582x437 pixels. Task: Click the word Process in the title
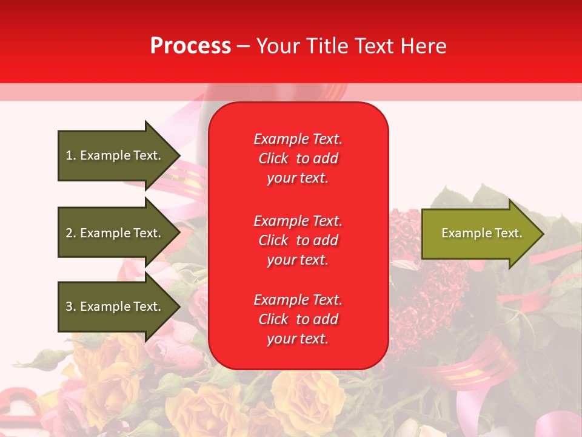click(190, 46)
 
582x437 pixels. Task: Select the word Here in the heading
click(424, 46)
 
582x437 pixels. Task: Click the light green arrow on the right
click(479, 233)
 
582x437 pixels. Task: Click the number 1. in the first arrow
click(71, 155)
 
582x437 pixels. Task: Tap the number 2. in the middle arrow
click(71, 233)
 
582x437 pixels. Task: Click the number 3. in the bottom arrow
click(71, 307)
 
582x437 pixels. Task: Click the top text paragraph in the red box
click(298, 158)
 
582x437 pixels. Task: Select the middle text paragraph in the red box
click(298, 240)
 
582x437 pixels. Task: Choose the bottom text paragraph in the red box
click(298, 319)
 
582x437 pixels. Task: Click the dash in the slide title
click(243, 46)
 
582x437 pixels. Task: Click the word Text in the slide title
click(375, 46)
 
